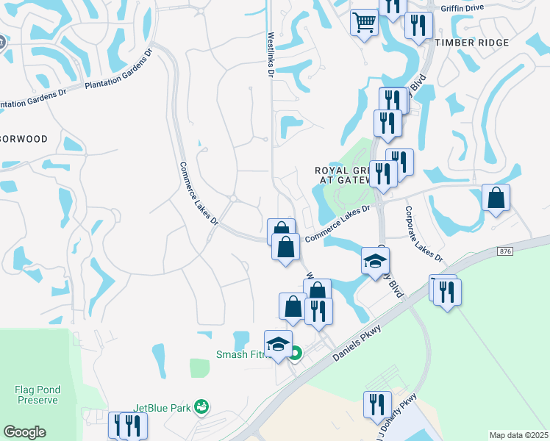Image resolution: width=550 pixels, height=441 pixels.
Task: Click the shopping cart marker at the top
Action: coord(364,23)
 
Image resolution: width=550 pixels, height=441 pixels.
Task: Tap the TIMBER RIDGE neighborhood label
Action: coord(471,43)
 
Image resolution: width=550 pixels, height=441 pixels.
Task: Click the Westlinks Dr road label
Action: coord(271,54)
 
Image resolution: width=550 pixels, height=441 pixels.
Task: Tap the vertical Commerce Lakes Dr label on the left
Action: coord(199,193)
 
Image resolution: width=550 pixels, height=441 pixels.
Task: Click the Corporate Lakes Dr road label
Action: coord(424,234)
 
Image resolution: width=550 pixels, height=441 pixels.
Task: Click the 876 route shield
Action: coord(504,251)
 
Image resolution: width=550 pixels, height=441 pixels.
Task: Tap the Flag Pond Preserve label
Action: coord(36,394)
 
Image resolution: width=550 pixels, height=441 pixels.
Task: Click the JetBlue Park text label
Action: coord(161,407)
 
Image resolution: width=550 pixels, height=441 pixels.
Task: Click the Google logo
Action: coord(24,432)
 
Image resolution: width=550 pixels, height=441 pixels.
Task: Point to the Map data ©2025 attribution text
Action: coord(518,435)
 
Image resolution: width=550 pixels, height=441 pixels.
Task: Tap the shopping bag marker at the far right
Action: coord(496,198)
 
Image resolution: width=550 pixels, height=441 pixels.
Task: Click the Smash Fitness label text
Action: coord(240,354)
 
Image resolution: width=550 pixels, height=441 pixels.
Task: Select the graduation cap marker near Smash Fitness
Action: coord(278,344)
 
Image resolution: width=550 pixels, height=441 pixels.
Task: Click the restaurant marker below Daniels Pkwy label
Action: coord(377,404)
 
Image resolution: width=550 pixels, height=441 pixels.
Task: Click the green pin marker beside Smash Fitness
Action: coord(295,354)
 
